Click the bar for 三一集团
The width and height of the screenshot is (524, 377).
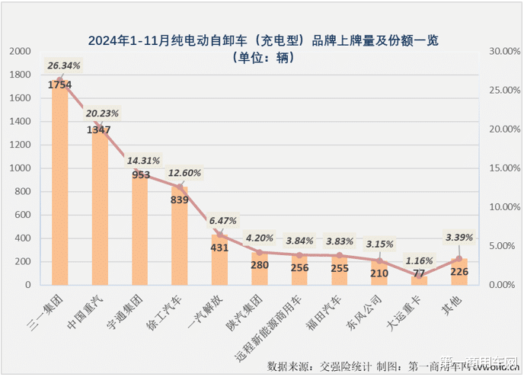pyautogui.click(x=59, y=183)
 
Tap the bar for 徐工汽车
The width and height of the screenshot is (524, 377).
pyautogui.click(x=179, y=236)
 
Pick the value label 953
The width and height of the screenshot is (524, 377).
pyautogui.click(x=139, y=174)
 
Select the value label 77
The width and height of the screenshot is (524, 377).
pyautogui.click(x=418, y=272)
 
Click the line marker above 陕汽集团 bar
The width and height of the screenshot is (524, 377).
pyautogui.click(x=259, y=252)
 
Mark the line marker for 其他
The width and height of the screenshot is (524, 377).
pyautogui.click(x=458, y=259)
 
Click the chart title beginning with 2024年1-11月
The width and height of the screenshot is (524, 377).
pyautogui.click(x=262, y=40)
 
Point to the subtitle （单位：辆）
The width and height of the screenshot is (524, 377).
pyautogui.click(x=261, y=57)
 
